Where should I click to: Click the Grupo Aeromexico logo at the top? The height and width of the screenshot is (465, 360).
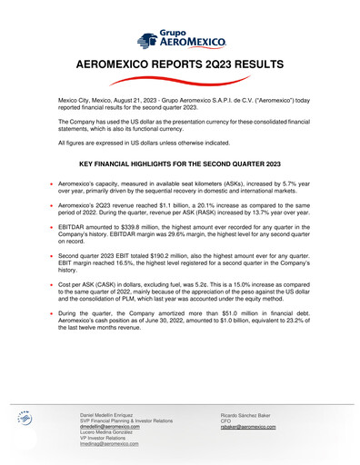(179, 39)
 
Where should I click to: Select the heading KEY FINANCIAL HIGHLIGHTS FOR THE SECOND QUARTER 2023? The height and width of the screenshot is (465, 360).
(179, 164)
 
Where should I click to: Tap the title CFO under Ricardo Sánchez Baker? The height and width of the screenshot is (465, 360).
(226, 420)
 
